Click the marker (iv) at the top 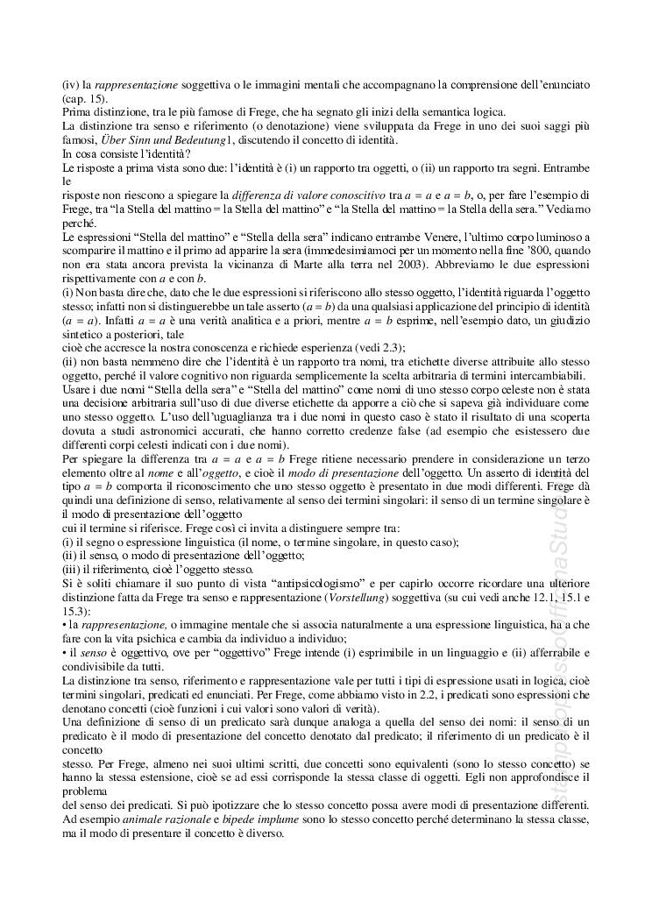70,85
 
